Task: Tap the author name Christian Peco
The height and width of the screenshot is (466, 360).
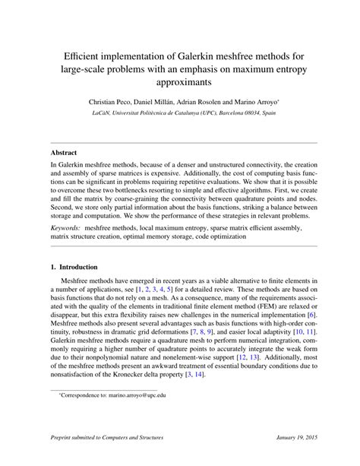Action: pos(116,100)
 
